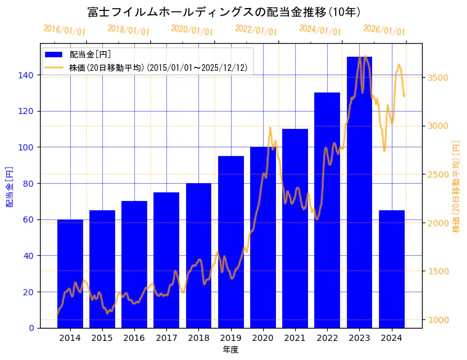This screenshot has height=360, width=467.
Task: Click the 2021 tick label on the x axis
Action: click(x=295, y=338)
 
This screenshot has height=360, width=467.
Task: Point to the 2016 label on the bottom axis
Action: click(x=134, y=338)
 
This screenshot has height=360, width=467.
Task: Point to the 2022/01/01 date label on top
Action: click(x=256, y=30)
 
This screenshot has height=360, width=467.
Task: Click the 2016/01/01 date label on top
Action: click(x=65, y=30)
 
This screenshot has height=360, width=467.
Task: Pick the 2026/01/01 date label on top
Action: click(x=384, y=30)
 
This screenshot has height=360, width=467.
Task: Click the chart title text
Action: click(x=224, y=12)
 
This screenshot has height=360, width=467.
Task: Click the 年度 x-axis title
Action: click(x=230, y=350)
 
